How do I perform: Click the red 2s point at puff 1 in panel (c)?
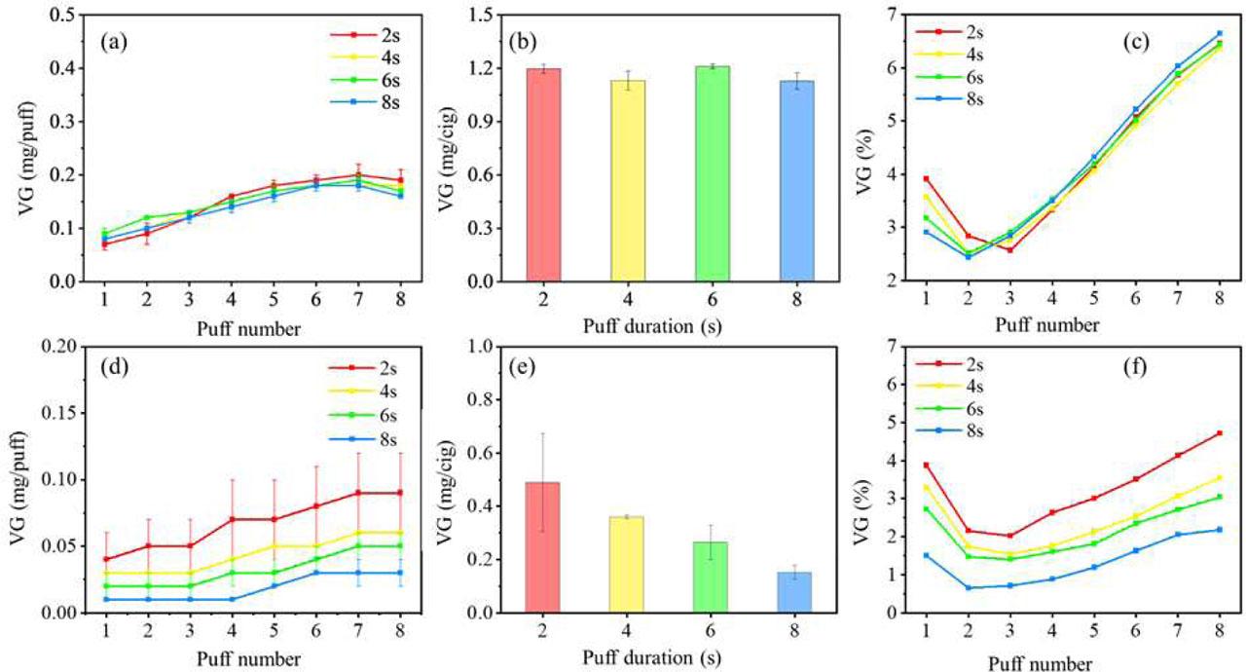(x=927, y=179)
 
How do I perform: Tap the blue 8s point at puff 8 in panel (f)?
(x=1219, y=530)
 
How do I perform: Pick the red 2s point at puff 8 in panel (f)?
(x=1219, y=433)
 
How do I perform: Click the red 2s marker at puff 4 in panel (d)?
(x=231, y=520)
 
